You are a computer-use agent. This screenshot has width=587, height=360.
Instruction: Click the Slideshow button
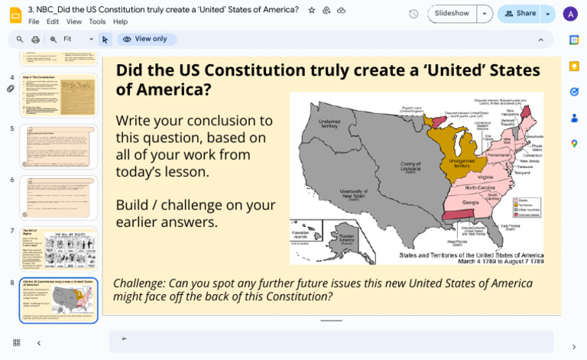pos(452,14)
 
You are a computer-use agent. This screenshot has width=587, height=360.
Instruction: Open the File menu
pos(34,22)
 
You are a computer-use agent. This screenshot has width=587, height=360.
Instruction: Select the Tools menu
pos(97,22)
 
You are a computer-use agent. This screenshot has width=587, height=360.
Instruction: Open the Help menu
pos(120,22)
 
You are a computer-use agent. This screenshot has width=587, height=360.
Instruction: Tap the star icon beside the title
pos(311,10)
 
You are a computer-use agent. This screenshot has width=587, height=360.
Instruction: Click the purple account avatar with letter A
pos(570,14)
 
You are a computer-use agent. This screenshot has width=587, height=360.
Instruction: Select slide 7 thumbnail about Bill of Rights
pos(59,249)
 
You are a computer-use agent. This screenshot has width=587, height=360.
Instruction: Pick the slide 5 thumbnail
pos(59,146)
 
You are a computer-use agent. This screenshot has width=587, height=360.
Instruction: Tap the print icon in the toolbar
pos(36,39)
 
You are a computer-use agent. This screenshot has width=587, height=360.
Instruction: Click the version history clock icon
pos(413,14)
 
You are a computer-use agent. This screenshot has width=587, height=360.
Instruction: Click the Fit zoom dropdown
pos(77,39)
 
